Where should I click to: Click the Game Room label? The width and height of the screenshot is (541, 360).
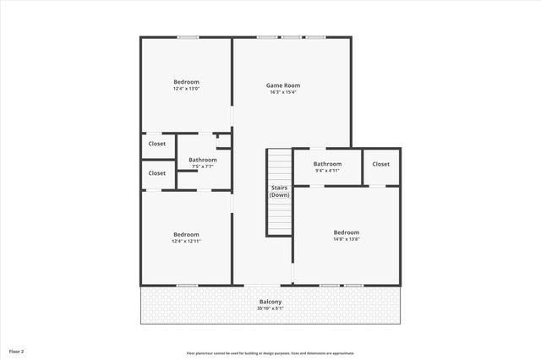[x=283, y=85]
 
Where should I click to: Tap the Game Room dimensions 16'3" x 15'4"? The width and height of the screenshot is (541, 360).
[x=283, y=92]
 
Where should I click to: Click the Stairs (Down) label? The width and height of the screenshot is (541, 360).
[x=279, y=191]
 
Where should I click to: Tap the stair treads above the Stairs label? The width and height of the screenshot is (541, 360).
[x=279, y=164]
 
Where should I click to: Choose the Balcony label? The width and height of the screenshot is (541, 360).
[x=270, y=302]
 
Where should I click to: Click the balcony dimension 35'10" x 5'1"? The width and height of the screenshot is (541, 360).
[x=270, y=308]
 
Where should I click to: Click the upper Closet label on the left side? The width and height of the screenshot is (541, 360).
[x=157, y=144]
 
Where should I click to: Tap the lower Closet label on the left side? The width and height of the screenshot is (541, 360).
[x=157, y=173]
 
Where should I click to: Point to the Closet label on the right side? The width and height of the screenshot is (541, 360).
[x=380, y=164]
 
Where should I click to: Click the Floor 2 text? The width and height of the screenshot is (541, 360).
[x=17, y=351]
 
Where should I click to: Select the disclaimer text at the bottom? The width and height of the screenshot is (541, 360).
[x=270, y=353]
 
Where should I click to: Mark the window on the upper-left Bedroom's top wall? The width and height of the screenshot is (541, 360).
[x=188, y=36]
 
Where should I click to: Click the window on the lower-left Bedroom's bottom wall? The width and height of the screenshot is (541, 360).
[x=187, y=286]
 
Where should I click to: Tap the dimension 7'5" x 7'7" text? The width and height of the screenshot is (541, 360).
[x=202, y=166]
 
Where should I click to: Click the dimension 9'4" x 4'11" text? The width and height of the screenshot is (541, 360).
[x=327, y=171]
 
